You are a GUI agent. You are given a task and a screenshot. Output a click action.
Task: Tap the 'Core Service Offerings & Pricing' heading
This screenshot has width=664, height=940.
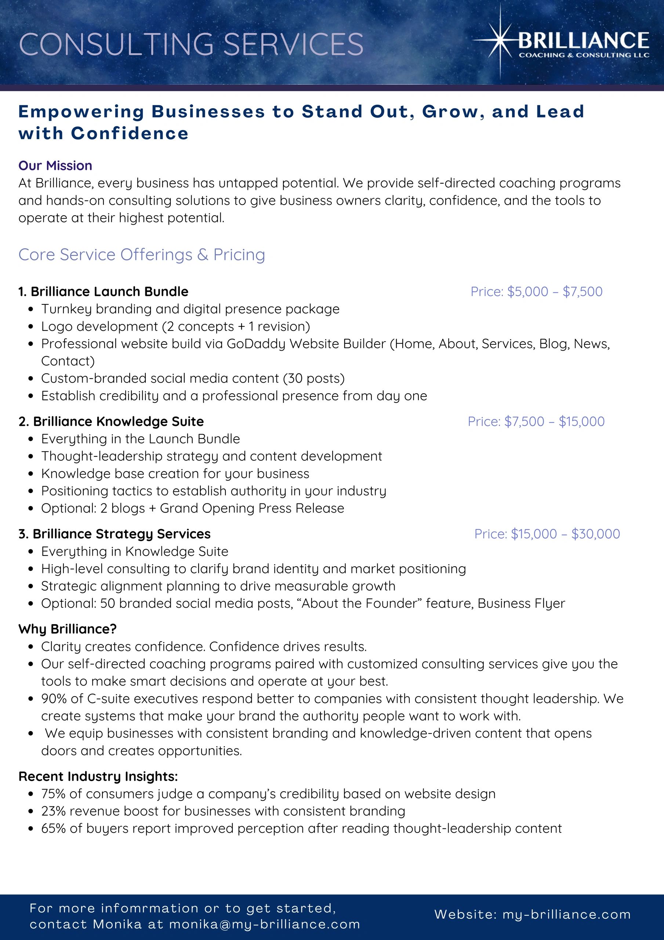(142, 255)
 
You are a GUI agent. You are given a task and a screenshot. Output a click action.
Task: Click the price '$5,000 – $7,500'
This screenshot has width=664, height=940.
(554, 292)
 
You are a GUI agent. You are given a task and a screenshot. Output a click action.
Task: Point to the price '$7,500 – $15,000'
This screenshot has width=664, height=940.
(554, 421)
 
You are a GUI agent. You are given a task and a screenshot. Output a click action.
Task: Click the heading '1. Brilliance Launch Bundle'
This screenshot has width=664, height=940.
(103, 292)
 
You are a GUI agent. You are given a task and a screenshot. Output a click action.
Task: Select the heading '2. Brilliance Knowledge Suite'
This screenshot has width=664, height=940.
(111, 421)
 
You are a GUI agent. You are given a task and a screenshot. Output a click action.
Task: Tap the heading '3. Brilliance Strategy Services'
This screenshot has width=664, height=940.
(114, 534)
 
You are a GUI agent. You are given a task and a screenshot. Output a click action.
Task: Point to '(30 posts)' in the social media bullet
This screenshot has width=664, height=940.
(313, 378)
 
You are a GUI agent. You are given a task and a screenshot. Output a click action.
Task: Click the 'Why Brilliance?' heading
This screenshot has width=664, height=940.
(68, 629)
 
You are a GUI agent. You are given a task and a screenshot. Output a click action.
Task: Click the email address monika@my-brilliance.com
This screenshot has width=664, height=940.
(264, 924)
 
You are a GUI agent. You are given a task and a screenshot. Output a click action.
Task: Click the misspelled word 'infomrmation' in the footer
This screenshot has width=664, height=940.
(149, 908)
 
